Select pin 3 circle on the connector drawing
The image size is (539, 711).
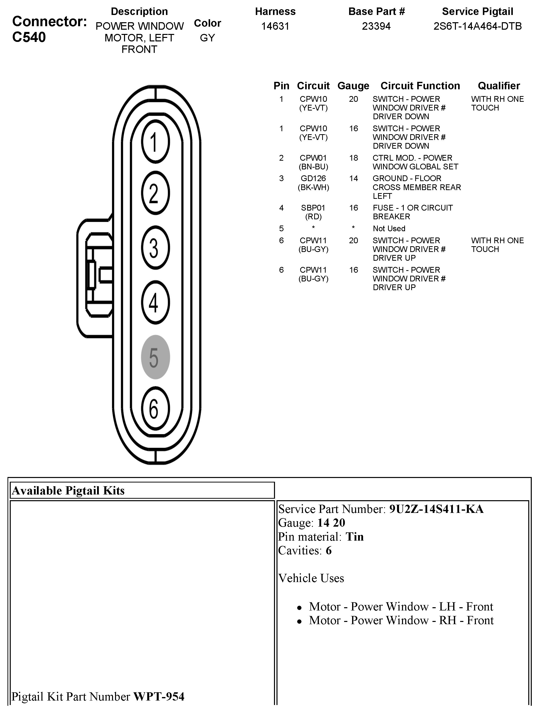155,248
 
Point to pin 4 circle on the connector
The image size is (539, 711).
155,302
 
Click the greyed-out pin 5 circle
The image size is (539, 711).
155,357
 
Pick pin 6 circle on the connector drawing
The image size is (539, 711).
155,409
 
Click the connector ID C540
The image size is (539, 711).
29,37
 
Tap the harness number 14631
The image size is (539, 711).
275,26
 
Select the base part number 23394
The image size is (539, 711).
376,26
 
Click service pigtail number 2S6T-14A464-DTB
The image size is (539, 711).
478,26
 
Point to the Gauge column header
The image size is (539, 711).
353,86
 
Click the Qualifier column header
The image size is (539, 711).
499,86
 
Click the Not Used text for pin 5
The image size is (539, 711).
389,229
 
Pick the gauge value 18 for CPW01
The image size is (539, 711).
353,158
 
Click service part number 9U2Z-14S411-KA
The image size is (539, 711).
436,509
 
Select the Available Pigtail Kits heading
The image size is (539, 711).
68,491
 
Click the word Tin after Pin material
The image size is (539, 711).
354,537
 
